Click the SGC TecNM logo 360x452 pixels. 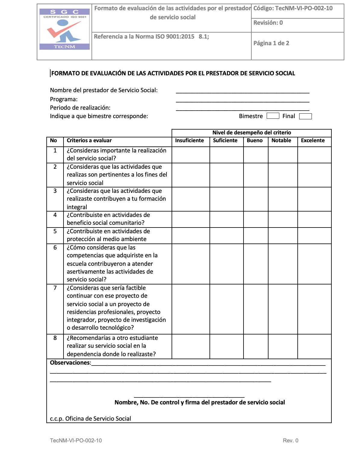64,29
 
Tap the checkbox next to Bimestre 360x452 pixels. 273,116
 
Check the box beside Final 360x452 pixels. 305,116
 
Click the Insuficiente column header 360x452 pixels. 189,140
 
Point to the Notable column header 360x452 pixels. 281,140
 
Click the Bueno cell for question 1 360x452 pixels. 256,155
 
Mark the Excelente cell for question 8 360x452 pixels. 314,346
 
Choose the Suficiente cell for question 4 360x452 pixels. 226,219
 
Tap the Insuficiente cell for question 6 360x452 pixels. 191,264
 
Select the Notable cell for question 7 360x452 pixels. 283,309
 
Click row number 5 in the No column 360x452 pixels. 55,231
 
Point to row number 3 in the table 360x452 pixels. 55,191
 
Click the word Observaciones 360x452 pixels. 70,363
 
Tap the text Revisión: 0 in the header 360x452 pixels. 268,23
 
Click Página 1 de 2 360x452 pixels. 271,43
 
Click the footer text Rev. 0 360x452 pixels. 290,441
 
